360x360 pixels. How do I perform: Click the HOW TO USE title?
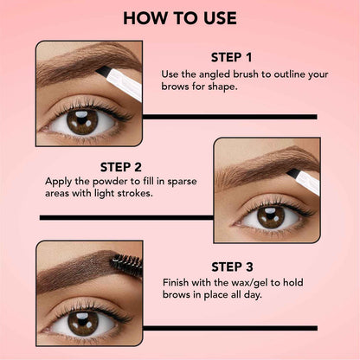(x=180, y=17)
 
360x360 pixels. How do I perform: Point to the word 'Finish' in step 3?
(x=178, y=283)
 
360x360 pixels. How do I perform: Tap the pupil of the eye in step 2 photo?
(x=270, y=216)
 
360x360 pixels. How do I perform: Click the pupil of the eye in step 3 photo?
(x=84, y=325)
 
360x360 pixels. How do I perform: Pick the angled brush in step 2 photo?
(x=305, y=180)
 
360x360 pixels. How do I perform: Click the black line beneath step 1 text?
(x=229, y=116)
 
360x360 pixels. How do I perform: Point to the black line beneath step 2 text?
(x=125, y=217)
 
